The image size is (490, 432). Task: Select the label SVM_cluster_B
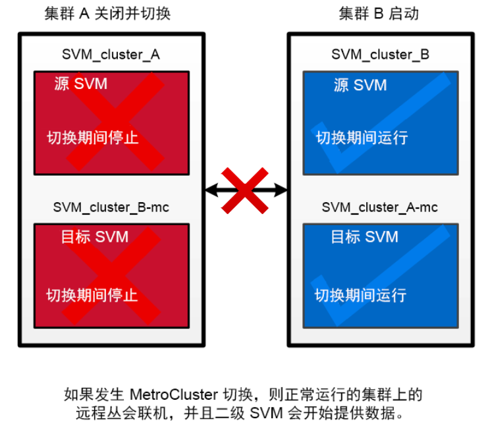tap(380, 55)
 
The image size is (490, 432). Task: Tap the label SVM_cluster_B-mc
tap(111, 207)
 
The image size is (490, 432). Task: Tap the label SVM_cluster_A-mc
tap(379, 207)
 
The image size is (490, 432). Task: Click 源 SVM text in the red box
tap(80, 84)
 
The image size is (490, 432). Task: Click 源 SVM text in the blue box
tap(360, 85)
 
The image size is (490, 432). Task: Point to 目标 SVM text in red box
tap(94, 237)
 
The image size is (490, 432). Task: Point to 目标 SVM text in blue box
tap(364, 237)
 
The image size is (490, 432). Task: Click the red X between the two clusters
tap(245, 190)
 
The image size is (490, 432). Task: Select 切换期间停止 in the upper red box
tap(92, 138)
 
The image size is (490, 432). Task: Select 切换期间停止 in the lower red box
tap(92, 295)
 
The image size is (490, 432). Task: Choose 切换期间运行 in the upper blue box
tap(362, 138)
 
